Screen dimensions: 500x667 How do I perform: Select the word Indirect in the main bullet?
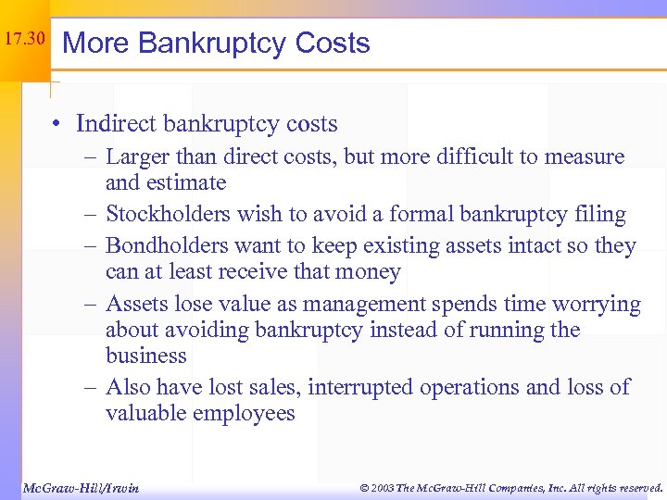coord(117,123)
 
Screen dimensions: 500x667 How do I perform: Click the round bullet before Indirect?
coord(57,124)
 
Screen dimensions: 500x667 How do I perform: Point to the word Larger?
coord(137,157)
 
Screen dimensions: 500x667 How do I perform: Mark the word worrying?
coord(598,305)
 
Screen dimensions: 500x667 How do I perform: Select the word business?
coord(146,356)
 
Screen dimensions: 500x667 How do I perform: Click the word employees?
coord(243,413)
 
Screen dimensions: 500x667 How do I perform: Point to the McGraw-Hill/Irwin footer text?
coord(80,487)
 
